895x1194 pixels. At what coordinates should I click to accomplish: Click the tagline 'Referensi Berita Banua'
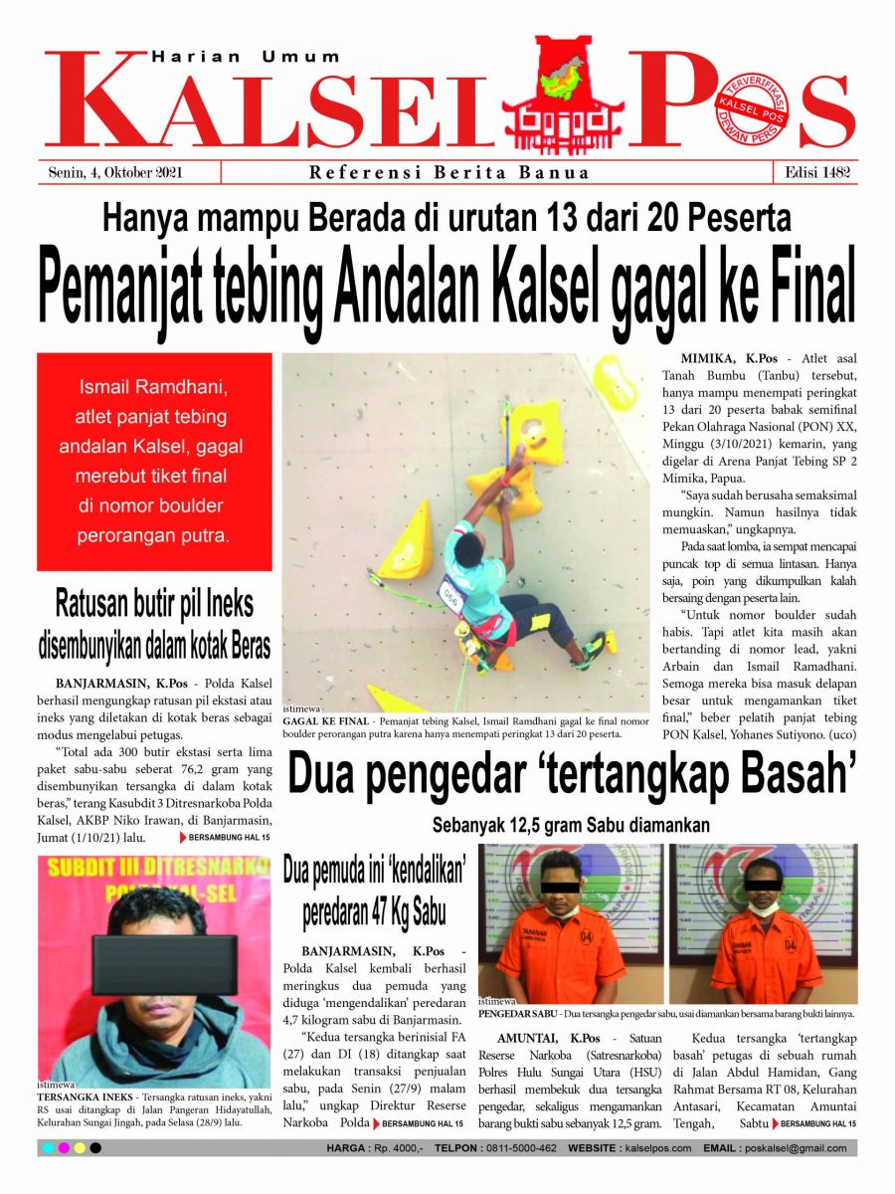coord(449,172)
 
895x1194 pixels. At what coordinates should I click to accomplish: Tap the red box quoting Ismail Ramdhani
coord(154,462)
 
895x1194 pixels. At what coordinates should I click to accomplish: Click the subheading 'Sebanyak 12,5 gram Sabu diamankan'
coord(571,825)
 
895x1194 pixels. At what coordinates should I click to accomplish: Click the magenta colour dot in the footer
coord(64,1148)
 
